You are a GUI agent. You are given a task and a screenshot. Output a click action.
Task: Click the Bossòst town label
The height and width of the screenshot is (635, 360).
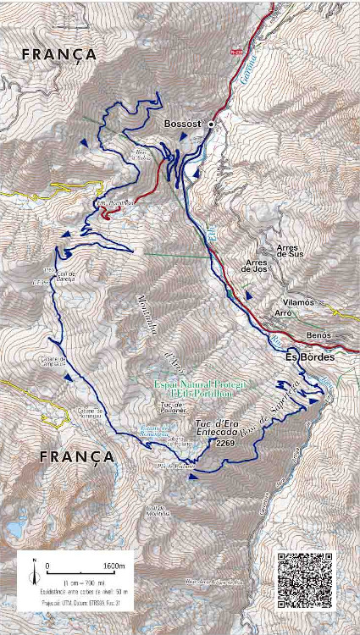click(x=182, y=124)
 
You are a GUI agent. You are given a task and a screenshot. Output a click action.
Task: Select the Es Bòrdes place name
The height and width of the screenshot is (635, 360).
click(x=309, y=357)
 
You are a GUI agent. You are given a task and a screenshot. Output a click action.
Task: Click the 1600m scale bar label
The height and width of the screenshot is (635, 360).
click(x=114, y=566)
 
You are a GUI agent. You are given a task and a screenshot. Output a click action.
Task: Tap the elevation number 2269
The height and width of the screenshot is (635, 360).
click(x=225, y=443)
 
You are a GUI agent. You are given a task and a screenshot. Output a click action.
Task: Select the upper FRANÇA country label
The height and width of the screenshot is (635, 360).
click(x=59, y=54)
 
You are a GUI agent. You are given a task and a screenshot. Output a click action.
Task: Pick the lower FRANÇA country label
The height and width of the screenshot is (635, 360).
click(x=77, y=456)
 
